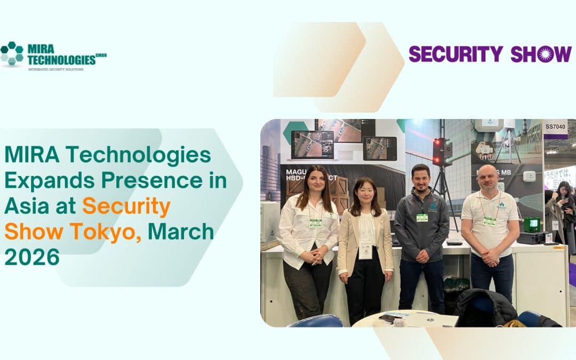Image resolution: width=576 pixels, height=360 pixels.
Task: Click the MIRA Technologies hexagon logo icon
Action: (12, 53)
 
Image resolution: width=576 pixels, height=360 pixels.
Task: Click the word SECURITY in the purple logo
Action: (455, 54)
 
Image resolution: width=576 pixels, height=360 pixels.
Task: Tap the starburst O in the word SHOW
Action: (545, 54)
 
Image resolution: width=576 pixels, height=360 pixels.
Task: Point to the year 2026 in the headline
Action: (32, 257)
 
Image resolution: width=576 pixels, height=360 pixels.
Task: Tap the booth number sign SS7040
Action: (555, 127)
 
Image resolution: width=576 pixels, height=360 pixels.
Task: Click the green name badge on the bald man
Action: (489, 221)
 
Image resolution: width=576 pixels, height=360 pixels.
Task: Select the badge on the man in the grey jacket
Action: (422, 218)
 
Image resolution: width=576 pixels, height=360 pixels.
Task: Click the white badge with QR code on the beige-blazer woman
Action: (365, 251)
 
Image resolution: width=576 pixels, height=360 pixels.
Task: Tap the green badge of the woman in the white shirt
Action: (315, 223)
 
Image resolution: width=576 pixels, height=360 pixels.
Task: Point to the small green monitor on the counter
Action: (532, 225)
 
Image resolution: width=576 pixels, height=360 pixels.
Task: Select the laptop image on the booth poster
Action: (312, 145)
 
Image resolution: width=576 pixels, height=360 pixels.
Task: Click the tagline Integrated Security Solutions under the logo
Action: (55, 69)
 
